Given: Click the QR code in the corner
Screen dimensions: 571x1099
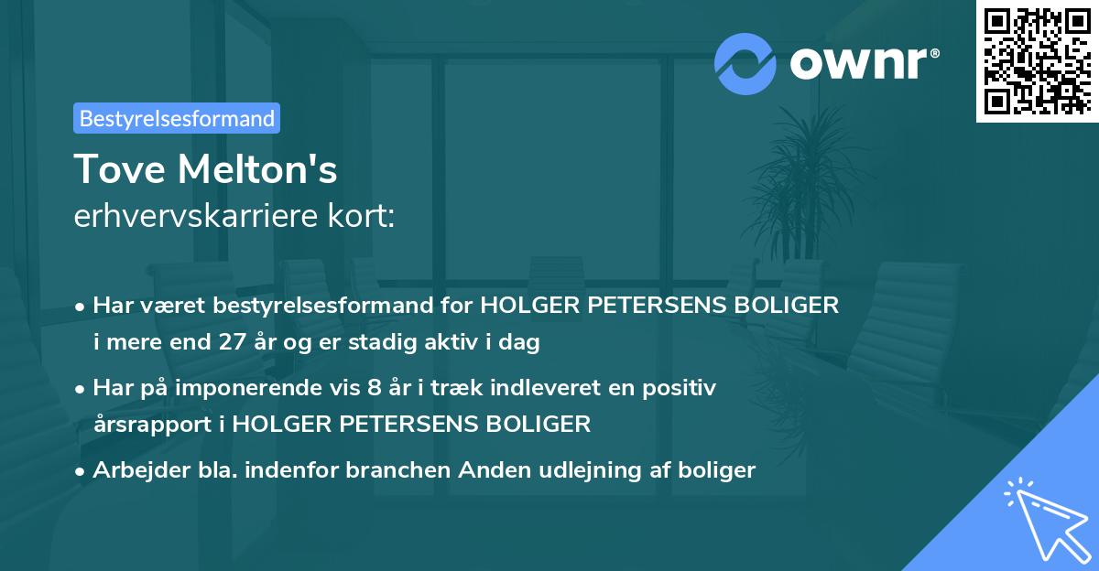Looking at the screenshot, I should click(1037, 60).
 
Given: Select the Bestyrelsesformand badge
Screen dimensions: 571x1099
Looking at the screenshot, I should click(177, 118).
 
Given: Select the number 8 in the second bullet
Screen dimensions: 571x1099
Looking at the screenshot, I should click(373, 388).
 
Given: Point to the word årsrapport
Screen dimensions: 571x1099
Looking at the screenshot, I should click(157, 425).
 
